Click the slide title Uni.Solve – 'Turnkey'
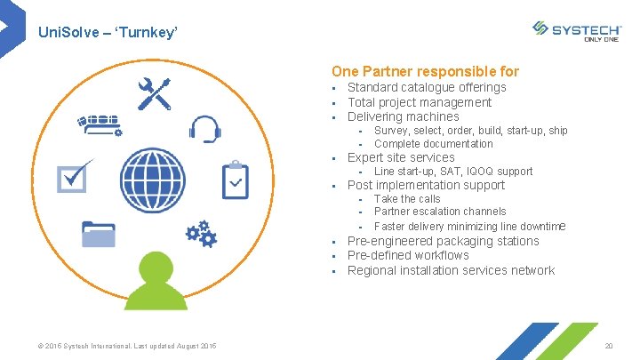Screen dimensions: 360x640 coord(108,32)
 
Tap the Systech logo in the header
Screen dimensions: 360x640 coord(577,31)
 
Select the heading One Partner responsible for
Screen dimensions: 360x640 coord(425,71)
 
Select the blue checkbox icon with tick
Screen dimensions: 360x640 coord(73,175)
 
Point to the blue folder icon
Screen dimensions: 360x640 coord(97,234)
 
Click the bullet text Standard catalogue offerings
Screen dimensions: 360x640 coord(426,87)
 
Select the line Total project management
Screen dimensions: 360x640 coord(419,102)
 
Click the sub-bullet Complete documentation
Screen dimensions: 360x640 coord(433,144)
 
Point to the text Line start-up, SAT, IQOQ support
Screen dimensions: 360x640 coord(453,172)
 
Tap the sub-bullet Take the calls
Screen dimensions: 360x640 coord(406,199)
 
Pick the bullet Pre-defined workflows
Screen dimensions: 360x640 coord(407,255)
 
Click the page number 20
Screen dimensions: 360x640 coord(609,346)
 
